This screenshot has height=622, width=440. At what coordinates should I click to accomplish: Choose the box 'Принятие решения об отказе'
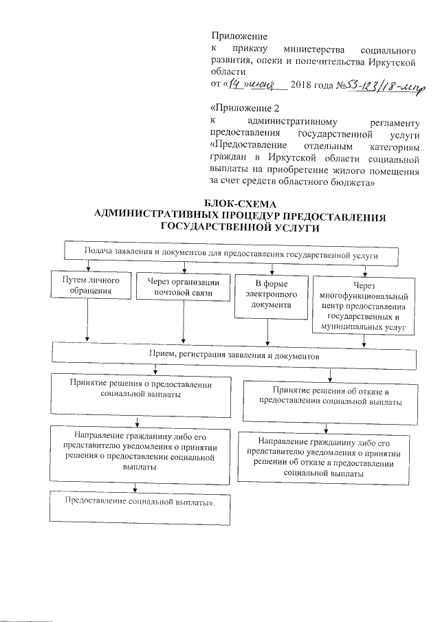tap(331, 395)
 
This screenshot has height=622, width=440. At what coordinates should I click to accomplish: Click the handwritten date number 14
tap(235, 85)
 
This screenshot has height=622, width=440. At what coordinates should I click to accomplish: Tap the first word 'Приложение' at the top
tap(239, 35)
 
